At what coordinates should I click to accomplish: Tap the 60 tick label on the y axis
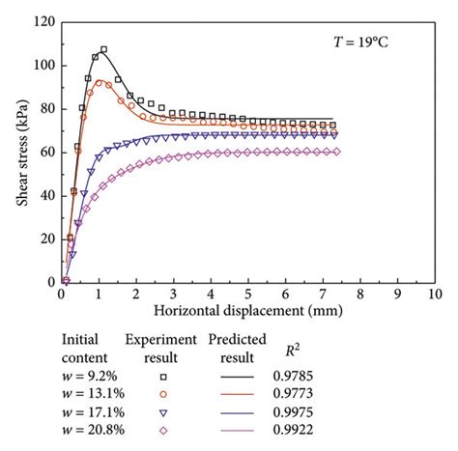pyautogui.click(x=43, y=153)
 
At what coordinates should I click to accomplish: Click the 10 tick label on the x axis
pyautogui.click(x=434, y=294)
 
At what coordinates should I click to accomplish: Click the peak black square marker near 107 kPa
pyautogui.click(x=103, y=49)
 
